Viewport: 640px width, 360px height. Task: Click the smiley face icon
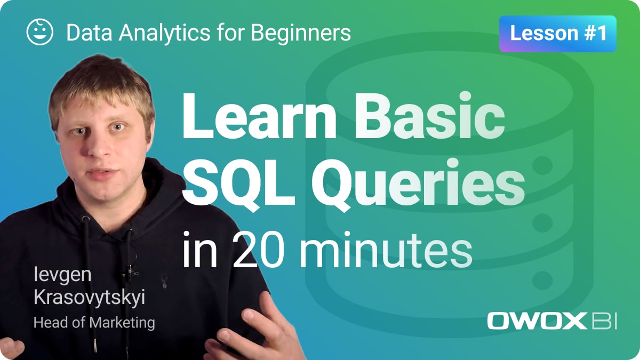click(39, 32)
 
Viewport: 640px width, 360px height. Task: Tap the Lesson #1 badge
click(558, 34)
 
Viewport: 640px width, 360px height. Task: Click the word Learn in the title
click(259, 116)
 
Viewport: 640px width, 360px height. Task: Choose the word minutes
click(386, 250)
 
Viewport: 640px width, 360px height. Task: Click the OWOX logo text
click(537, 321)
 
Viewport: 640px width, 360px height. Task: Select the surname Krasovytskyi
click(90, 298)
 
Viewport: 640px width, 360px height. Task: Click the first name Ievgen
click(62, 275)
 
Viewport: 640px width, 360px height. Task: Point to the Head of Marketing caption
click(94, 323)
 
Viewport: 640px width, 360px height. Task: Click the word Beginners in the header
click(301, 33)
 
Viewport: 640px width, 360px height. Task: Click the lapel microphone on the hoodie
click(130, 271)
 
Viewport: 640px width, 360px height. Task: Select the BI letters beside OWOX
click(604, 321)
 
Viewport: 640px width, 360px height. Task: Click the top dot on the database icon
click(542, 165)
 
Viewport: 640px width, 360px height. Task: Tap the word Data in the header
click(90, 33)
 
